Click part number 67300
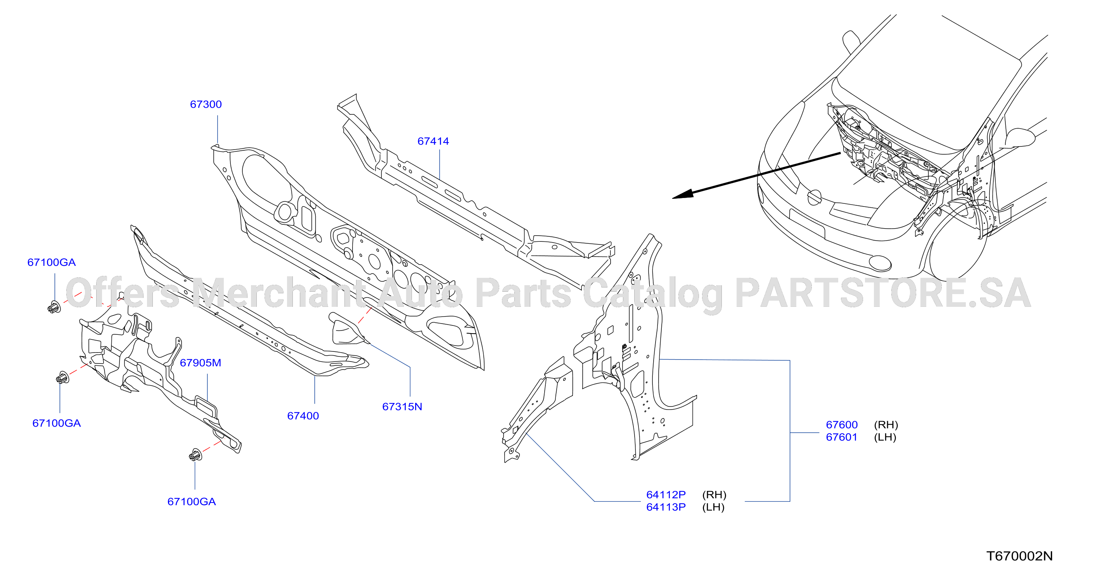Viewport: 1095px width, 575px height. click(206, 105)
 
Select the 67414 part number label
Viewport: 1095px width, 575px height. click(433, 141)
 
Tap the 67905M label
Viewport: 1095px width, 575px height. click(201, 363)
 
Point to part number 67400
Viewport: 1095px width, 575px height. click(303, 416)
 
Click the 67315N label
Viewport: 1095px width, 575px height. click(402, 407)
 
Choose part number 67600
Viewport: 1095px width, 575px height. click(842, 425)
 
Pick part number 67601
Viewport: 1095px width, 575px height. click(842, 437)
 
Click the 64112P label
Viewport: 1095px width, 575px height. click(666, 495)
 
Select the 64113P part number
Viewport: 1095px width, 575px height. click(666, 508)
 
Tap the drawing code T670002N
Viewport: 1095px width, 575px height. click(1019, 556)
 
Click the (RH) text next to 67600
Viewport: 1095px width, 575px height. click(886, 425)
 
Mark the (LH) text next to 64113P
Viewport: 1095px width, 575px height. click(713, 508)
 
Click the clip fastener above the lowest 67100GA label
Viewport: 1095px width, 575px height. click(195, 455)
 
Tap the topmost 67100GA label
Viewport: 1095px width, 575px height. click(52, 262)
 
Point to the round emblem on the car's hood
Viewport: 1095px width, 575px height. click(814, 198)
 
